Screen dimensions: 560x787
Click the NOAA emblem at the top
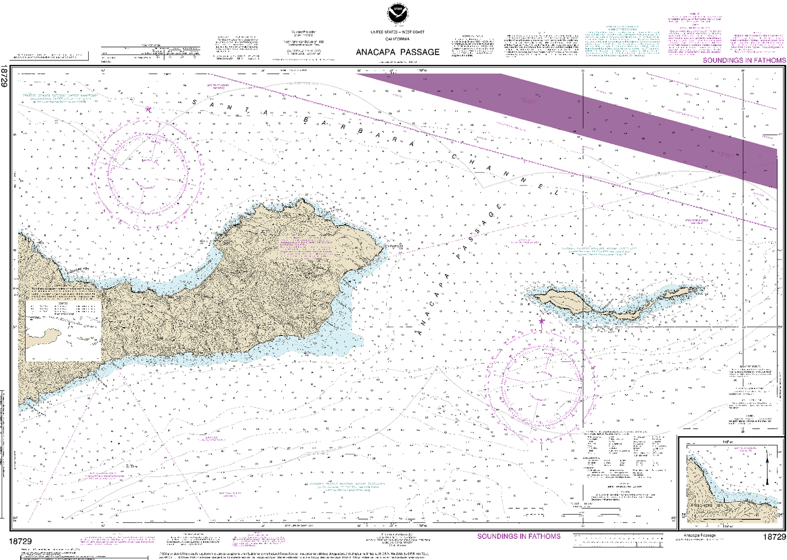398,14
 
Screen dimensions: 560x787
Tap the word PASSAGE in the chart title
419,52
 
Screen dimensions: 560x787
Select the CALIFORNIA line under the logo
398,39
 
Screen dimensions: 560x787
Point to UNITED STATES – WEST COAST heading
398,33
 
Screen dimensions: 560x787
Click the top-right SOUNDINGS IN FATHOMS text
744,61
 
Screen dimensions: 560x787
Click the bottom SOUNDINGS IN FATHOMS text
518,536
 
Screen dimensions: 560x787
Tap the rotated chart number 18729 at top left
4,76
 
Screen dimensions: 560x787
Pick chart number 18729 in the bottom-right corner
774,538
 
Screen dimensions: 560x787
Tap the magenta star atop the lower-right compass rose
541,321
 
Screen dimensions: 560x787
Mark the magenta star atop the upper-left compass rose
148,110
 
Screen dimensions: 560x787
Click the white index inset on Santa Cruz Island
63,330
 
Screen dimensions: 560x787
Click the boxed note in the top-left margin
51,56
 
